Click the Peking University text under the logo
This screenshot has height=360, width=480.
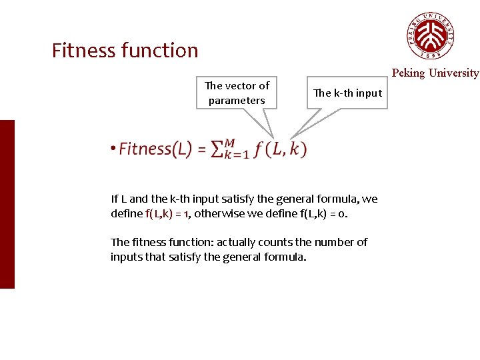[x=435, y=73]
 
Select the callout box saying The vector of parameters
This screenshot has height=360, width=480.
[x=237, y=93]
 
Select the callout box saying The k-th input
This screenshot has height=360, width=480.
[x=347, y=93]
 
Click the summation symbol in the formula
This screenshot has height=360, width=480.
[x=217, y=149]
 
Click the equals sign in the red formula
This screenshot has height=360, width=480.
[x=201, y=149]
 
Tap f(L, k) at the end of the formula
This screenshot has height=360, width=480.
[x=280, y=149]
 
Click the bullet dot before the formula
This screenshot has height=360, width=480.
[x=114, y=149]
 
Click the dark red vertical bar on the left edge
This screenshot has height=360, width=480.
[x=7, y=204]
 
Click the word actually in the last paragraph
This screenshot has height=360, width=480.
[x=238, y=242]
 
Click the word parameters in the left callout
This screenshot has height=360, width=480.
[x=237, y=101]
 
